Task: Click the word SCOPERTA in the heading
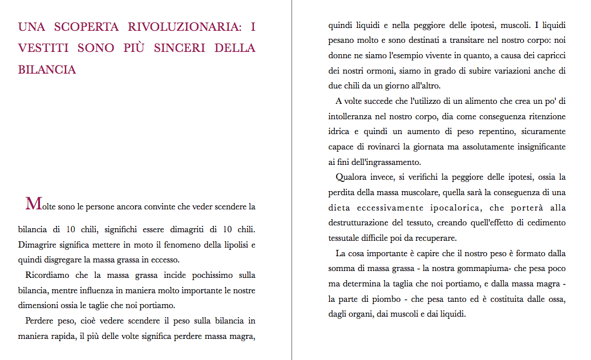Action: pos(87,27)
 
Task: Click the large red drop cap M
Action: pos(33,203)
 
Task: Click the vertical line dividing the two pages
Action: pos(292,180)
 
